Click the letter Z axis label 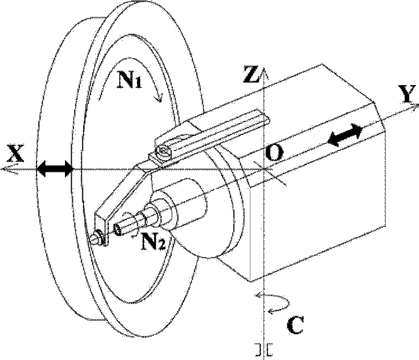tap(251, 74)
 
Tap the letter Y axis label tap(407, 93)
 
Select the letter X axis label tap(16, 153)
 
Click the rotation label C tap(295, 325)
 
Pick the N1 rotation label tap(129, 80)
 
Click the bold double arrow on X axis tap(55, 169)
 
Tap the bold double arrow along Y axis tap(345, 134)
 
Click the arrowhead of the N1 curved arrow tap(159, 98)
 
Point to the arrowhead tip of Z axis tap(264, 67)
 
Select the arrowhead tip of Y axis tap(418, 104)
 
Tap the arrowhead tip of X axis tap(2, 169)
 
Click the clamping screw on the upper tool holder tap(164, 152)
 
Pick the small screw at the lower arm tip tap(96, 237)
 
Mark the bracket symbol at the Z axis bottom tap(264, 350)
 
